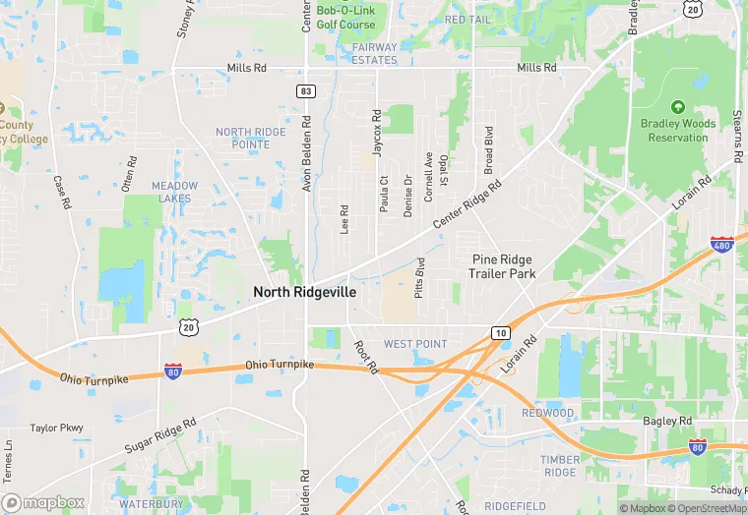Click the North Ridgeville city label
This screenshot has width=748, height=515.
tap(304, 292)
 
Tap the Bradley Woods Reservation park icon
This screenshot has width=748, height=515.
tap(676, 106)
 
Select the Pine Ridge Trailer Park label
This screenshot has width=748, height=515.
tap(502, 266)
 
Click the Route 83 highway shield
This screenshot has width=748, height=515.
tap(306, 90)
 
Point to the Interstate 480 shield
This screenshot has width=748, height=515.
tap(722, 244)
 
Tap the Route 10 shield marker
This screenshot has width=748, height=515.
tap(501, 333)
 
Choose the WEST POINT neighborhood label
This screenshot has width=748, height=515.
tap(414, 344)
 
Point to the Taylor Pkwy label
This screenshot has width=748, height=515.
tap(56, 429)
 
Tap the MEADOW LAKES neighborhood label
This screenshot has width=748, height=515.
tap(174, 192)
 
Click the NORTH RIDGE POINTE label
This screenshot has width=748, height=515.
tap(250, 138)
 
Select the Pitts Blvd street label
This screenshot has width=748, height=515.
tap(420, 278)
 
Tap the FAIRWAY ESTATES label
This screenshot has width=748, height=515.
tap(375, 53)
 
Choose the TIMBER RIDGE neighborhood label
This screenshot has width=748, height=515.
tap(561, 465)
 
